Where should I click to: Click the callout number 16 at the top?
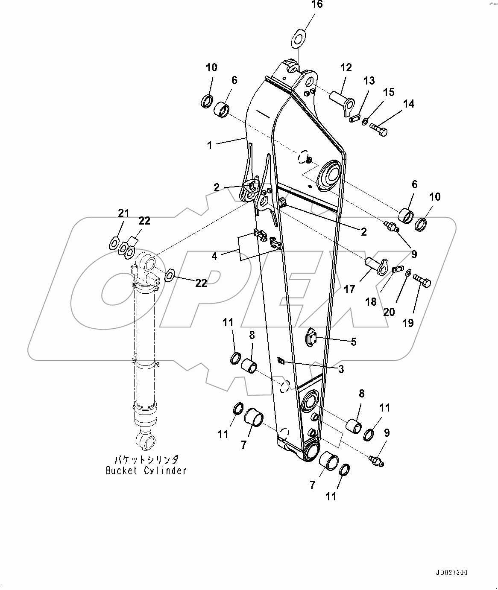[316, 5]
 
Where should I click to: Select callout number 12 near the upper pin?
[346, 67]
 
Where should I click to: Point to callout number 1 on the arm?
[210, 145]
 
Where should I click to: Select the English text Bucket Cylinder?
[146, 471]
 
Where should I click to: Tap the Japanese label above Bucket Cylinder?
[146, 460]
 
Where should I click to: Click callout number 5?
[353, 342]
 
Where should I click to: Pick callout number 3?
[341, 369]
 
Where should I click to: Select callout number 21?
[123, 213]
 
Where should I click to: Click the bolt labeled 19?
[422, 282]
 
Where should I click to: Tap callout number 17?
[349, 289]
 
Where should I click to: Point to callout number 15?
[388, 92]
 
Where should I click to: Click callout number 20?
[389, 312]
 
